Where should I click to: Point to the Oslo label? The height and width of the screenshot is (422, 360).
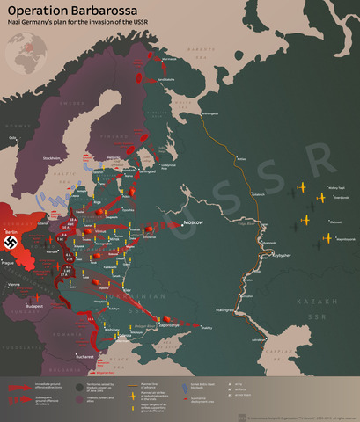12,137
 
